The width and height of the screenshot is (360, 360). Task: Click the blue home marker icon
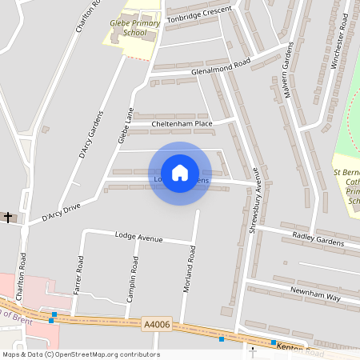pyautogui.click(x=180, y=173)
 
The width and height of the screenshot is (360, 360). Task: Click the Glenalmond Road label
pyautogui.click(x=221, y=66)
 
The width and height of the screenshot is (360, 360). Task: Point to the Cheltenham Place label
pyautogui.click(x=182, y=124)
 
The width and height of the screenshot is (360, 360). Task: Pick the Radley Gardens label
pyautogui.click(x=318, y=239)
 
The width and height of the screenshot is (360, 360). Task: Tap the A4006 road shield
pyautogui.click(x=156, y=324)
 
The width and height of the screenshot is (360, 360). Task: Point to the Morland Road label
pyautogui.click(x=190, y=269)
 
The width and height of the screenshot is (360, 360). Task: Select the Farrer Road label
pyautogui.click(x=78, y=274)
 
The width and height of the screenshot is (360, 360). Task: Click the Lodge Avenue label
pyautogui.click(x=138, y=238)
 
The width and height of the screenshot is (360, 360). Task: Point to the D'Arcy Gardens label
pyautogui.click(x=91, y=134)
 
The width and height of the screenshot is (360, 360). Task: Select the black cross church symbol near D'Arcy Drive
pyautogui.click(x=9, y=217)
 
